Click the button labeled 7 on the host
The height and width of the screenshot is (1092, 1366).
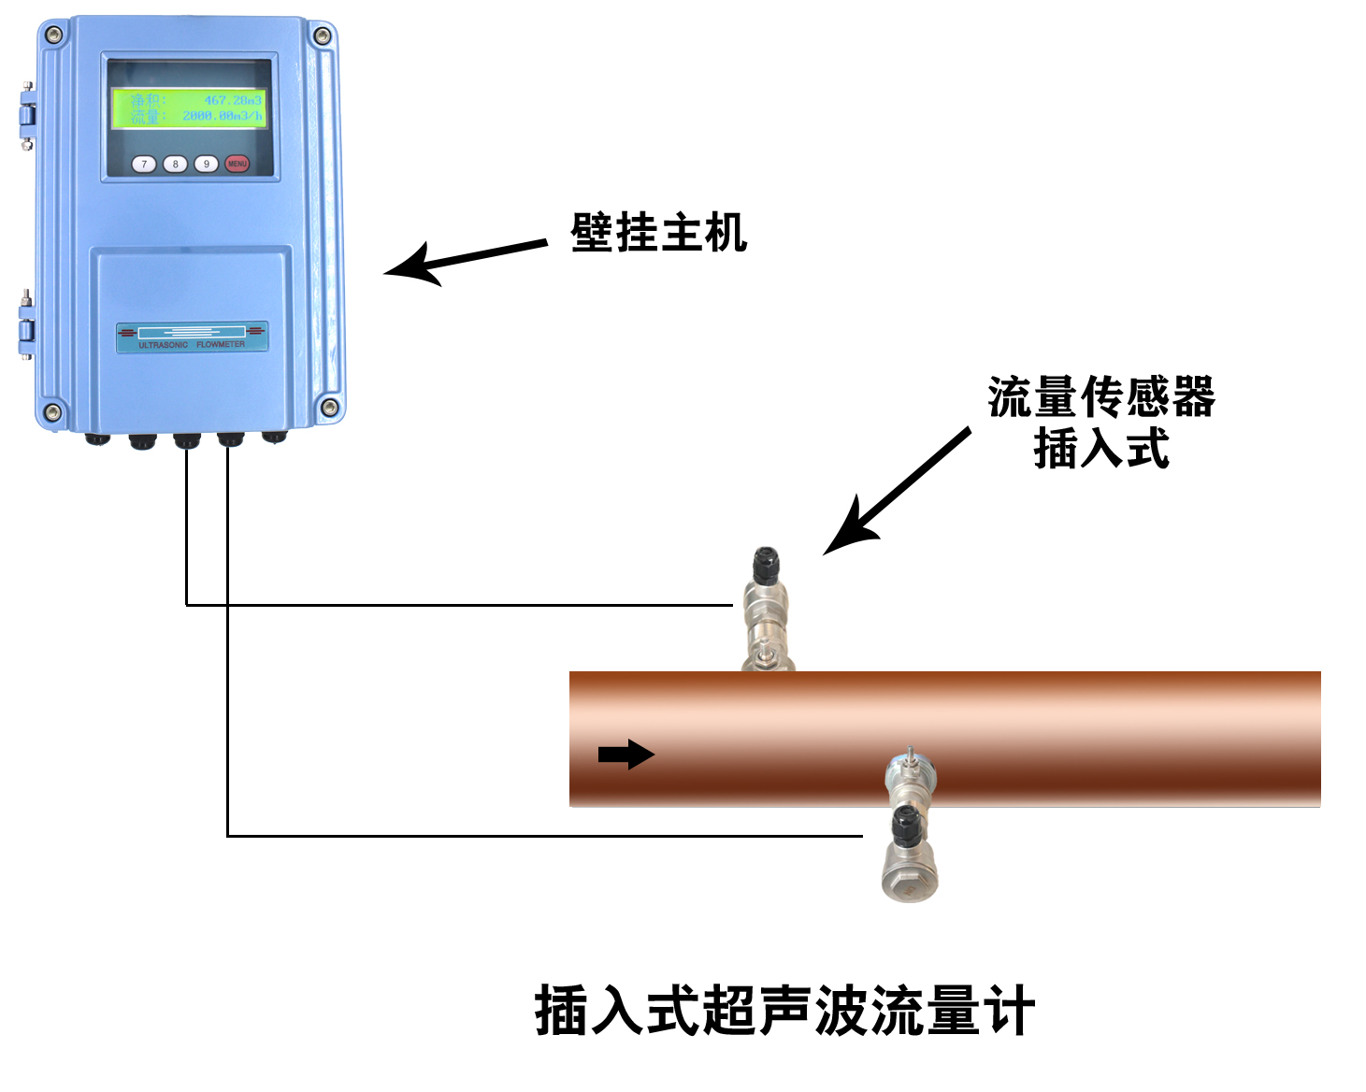(144, 165)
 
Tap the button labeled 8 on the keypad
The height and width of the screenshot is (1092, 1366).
(175, 165)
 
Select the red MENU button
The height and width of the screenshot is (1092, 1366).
(237, 165)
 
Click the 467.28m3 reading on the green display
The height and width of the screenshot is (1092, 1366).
(233, 100)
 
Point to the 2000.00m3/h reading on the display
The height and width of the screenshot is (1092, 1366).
(223, 116)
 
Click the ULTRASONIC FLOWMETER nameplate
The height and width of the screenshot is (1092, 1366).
(192, 338)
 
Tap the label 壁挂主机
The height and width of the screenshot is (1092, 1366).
(658, 233)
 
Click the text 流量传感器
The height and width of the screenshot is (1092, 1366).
(1101, 396)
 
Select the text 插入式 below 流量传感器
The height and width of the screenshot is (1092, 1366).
(1101, 449)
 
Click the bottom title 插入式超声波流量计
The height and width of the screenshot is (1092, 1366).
(784, 1011)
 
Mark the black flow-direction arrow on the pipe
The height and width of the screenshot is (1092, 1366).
(625, 754)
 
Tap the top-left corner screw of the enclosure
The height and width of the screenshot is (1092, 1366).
(53, 35)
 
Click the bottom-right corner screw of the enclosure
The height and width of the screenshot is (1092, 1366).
(329, 407)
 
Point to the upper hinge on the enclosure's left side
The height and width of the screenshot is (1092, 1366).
(26, 116)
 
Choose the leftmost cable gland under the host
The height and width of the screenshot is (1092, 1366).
(97, 438)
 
